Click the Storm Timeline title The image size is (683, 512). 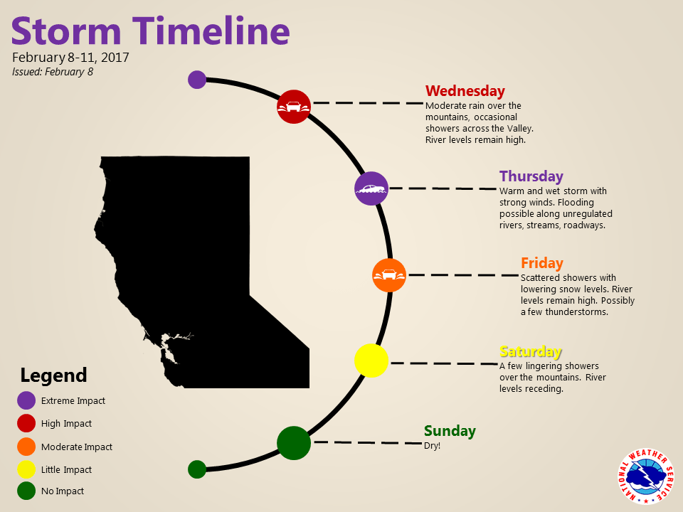point(150,31)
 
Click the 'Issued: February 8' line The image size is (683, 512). point(53,72)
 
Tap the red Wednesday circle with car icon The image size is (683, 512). point(294,107)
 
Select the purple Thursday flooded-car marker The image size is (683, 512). point(371,188)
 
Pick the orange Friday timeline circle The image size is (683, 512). point(389,275)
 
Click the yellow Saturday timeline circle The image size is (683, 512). point(371,361)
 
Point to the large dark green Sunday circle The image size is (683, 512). point(294,443)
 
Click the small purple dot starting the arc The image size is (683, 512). point(197,80)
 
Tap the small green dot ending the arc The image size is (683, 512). point(197,469)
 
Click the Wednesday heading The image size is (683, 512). point(465,91)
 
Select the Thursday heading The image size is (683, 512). point(531,176)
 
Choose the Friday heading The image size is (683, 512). point(542,263)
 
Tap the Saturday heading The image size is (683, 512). point(531,351)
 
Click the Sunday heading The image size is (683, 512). point(450,431)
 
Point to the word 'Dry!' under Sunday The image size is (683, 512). point(432,446)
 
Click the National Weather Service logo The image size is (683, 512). point(645,476)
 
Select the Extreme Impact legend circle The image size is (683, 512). point(26,400)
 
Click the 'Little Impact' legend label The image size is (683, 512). point(66,470)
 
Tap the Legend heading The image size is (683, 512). point(53,375)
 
